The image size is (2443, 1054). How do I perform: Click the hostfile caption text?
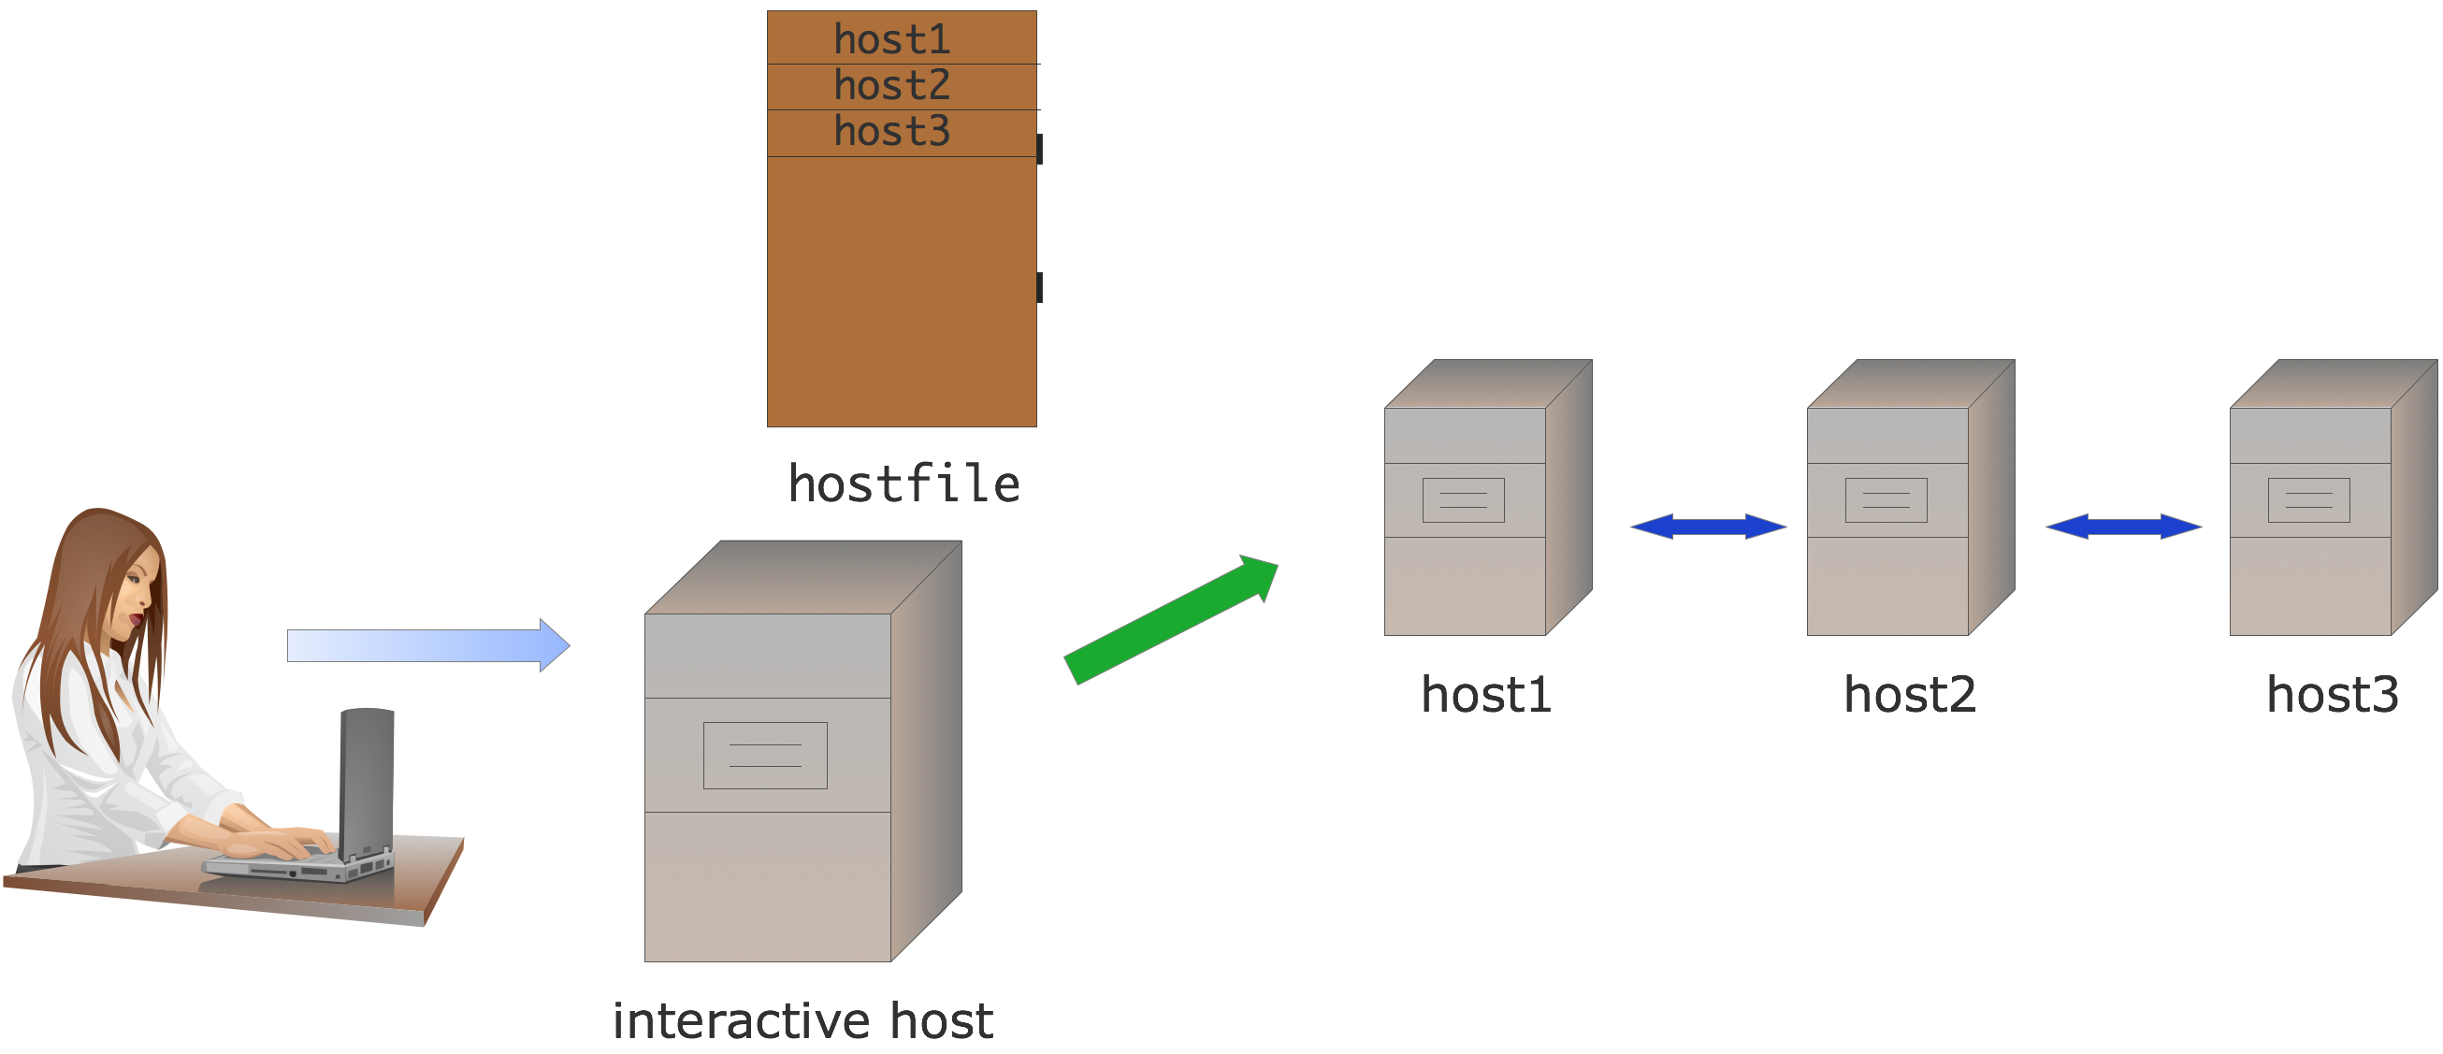point(903,484)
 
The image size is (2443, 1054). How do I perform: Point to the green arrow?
point(1171,619)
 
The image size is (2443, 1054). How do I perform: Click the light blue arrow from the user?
point(427,645)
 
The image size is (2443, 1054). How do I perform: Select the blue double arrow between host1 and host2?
point(1708,527)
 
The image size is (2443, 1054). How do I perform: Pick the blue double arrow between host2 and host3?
point(2123,527)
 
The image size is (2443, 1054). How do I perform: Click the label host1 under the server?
point(1485,696)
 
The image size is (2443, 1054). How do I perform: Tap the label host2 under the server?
point(1909,696)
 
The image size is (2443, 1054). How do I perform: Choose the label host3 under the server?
point(2332,696)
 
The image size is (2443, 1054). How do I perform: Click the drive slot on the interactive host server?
point(765,756)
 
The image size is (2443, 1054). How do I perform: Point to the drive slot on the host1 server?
point(1464,501)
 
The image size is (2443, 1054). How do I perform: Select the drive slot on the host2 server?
point(1886,501)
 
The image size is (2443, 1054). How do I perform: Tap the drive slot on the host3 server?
point(2308,501)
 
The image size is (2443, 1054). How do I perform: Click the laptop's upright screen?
point(366,778)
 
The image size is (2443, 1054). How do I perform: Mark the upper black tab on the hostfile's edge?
point(1039,149)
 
